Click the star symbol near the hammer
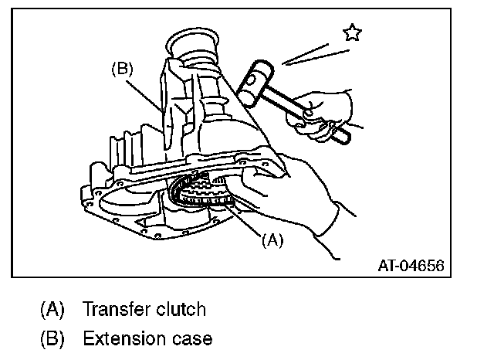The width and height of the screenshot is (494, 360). coord(353,32)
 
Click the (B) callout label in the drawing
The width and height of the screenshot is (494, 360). coord(122,68)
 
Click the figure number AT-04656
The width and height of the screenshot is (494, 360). coord(411,267)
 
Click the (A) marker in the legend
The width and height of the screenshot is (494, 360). coord(52,310)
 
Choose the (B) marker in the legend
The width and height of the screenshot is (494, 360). coord(52,338)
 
